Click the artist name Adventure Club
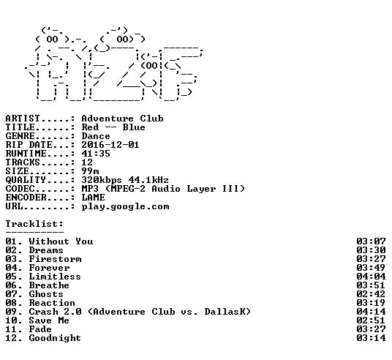[123, 119]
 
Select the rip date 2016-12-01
[110, 145]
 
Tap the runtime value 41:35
[96, 154]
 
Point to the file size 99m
[90, 171]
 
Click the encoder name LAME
[93, 198]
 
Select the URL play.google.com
[125, 206]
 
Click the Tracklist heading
[34, 224]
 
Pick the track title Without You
[61, 241]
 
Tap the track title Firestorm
[55, 259]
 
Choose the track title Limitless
[55, 277]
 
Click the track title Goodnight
[55, 338]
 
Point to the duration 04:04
[371, 277]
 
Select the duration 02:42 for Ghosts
[371, 294]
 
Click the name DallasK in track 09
[225, 312]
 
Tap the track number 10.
[11, 320]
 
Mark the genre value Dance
[96, 136]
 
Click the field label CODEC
[20, 189]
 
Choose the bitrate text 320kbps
[102, 180]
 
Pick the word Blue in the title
[134, 127]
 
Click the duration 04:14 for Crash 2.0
[371, 312]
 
